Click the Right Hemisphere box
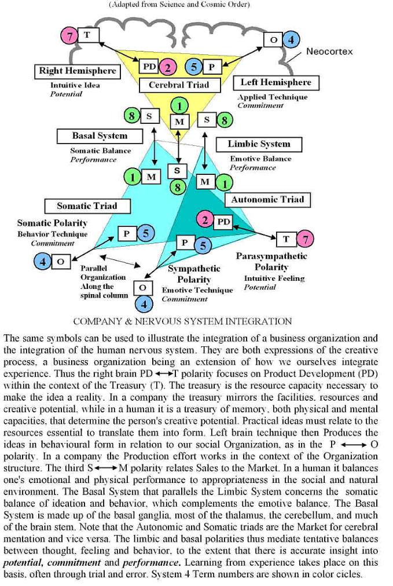point(78,71)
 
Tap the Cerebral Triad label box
point(179,85)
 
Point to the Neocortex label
point(329,52)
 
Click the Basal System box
point(100,135)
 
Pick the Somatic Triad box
point(87,206)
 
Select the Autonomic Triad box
point(267,200)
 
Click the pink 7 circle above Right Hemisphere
point(69,36)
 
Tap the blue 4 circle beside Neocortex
point(291,40)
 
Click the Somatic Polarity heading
point(52,223)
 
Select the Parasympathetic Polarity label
point(271,261)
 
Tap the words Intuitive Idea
point(75,85)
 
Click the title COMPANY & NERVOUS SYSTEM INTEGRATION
point(182,321)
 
